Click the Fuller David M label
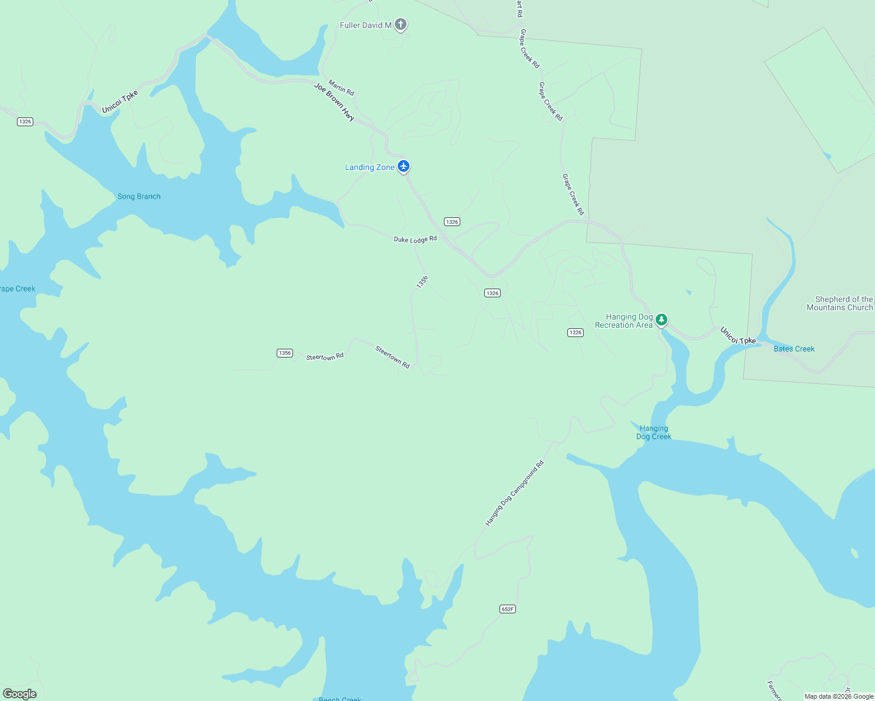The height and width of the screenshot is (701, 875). tap(366, 25)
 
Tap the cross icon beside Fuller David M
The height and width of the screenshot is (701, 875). tap(401, 24)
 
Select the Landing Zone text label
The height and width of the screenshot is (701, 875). tap(370, 167)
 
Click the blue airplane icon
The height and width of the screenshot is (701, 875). tap(404, 166)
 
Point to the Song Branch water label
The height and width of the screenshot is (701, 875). tap(139, 196)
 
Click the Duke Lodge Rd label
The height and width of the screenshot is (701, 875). tap(415, 239)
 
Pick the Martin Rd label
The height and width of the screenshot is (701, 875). tap(341, 88)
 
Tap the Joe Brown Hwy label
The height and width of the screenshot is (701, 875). tap(334, 102)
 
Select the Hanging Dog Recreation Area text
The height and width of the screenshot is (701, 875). tap(623, 321)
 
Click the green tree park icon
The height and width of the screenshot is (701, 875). tap(662, 320)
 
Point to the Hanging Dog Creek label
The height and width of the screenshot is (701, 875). tap(653, 432)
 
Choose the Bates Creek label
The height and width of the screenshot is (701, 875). tap(794, 349)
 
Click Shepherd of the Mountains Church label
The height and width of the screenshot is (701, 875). tap(840, 303)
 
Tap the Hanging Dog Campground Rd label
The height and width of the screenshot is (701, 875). tap(515, 493)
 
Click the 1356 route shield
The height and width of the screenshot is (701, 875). tap(285, 353)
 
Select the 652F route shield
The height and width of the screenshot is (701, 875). tap(508, 609)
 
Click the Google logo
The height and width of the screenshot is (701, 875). tap(20, 693)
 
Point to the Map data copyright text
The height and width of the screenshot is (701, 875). tap(839, 696)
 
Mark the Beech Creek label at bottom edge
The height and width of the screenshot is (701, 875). tap(340, 699)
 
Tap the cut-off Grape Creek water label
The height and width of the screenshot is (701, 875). tap(18, 289)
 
